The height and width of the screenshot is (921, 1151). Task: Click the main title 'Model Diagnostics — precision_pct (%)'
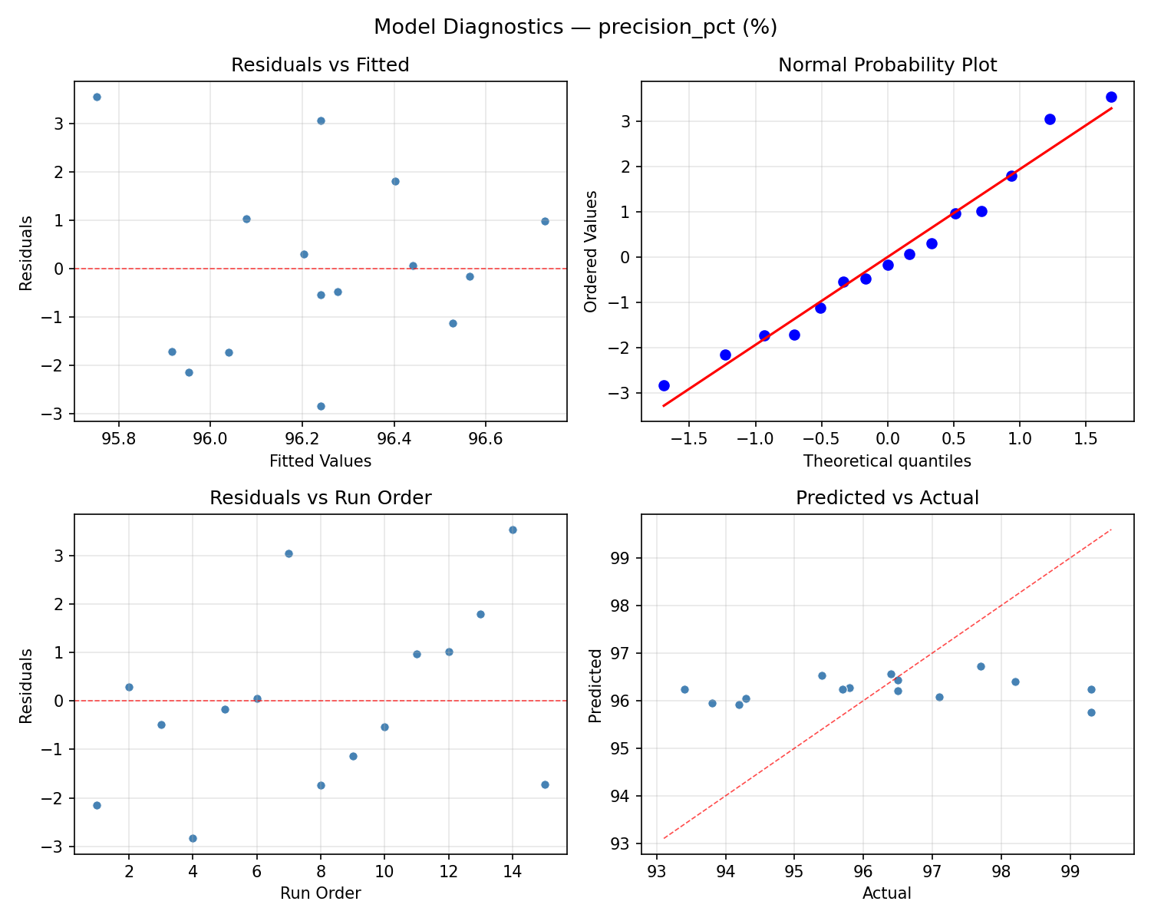[x=575, y=28]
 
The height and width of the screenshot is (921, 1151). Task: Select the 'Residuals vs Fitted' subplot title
[x=320, y=65]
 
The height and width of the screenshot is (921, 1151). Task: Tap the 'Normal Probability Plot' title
[x=887, y=65]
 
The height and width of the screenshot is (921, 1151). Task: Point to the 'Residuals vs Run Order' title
[x=320, y=498]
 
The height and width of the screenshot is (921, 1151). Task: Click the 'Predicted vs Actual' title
[x=887, y=498]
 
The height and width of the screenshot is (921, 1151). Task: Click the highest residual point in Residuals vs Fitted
[x=97, y=97]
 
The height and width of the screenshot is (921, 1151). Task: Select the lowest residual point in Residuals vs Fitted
[x=321, y=406]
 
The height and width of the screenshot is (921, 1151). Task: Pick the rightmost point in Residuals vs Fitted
[x=545, y=221]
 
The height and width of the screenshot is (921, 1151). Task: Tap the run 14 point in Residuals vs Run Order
[x=513, y=530]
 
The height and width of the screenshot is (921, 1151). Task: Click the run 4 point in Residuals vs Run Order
[x=193, y=838]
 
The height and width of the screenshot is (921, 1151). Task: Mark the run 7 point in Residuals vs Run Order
[x=289, y=553]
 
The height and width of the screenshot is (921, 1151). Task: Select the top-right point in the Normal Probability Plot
[x=1111, y=97]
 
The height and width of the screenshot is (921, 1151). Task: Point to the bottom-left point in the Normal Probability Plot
[x=664, y=385]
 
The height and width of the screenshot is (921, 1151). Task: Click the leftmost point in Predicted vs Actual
[x=684, y=689]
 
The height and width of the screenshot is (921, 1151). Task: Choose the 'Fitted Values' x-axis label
[x=320, y=461]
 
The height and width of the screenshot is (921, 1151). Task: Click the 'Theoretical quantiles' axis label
[x=887, y=461]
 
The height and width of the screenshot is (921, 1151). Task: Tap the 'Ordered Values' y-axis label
[x=590, y=252]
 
